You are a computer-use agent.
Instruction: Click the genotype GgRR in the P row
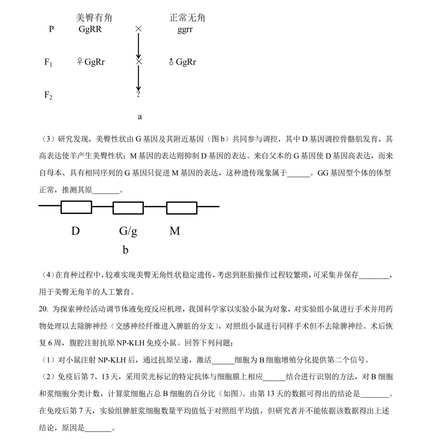point(90,29)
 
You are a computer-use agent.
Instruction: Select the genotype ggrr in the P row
point(185,29)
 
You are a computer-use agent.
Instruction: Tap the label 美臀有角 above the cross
point(94,18)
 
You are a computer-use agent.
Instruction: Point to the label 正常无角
point(187,18)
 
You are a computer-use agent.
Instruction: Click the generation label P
point(51,29)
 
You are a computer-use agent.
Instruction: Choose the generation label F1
point(48,62)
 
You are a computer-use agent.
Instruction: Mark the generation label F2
point(48,96)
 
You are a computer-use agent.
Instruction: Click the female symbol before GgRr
point(80,62)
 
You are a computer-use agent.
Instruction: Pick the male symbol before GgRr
point(171,62)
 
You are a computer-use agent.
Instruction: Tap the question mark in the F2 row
point(138,94)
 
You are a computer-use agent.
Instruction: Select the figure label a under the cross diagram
point(140,117)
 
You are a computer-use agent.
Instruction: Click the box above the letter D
point(76,207)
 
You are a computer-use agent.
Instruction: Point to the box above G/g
point(128,207)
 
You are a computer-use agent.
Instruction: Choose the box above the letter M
point(182,207)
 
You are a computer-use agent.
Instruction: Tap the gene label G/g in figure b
point(128,231)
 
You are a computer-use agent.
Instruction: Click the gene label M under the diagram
point(175,231)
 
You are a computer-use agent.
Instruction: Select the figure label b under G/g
point(125,250)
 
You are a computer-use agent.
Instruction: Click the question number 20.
point(43,309)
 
